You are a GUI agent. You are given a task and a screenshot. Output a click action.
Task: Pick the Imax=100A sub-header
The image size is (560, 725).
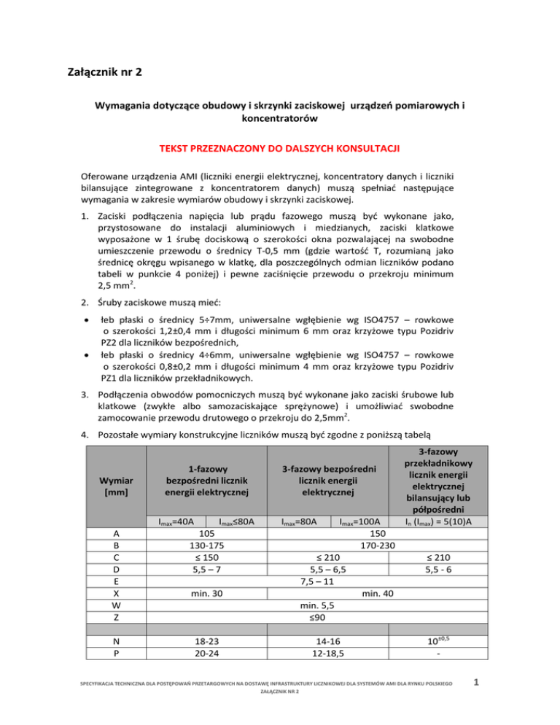tap(360, 522)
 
